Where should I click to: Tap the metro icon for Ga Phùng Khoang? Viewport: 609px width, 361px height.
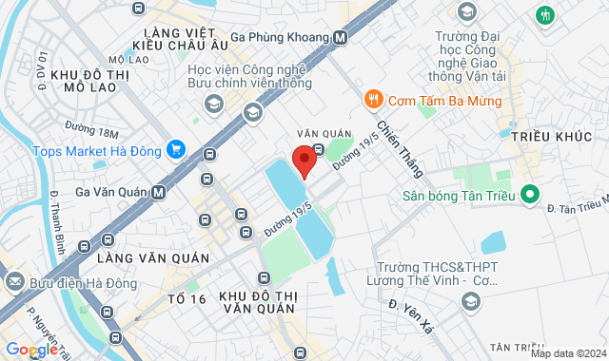coord(341,38)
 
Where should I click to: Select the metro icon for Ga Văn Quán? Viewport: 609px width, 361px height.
coord(158,192)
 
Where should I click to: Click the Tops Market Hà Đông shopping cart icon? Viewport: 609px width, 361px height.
coord(175,149)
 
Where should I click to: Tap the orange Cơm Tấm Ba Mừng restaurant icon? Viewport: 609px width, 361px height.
coord(374,98)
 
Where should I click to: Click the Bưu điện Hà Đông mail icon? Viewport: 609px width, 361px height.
coord(14,281)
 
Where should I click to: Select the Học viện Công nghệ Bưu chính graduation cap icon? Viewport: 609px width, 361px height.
coord(252,113)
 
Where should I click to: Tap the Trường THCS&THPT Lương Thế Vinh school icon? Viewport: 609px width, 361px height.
coord(468,301)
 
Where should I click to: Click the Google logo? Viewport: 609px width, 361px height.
coord(31,350)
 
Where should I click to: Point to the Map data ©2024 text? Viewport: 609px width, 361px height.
coord(567,353)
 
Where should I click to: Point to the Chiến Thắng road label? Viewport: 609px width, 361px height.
coord(399,148)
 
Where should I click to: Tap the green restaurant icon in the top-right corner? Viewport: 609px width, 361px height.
coord(545,15)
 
